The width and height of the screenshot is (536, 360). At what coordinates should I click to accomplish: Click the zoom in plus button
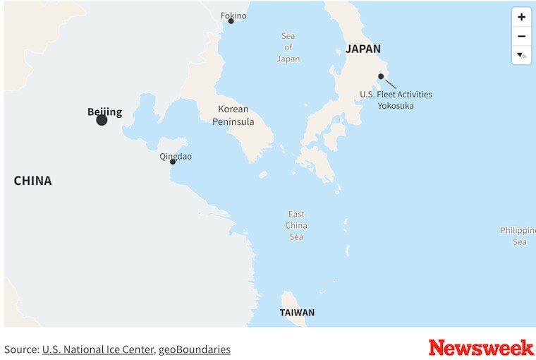[x=521, y=17]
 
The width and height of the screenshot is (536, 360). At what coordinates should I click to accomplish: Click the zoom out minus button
[x=521, y=36]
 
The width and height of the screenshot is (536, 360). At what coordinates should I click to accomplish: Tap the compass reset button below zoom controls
[x=521, y=54]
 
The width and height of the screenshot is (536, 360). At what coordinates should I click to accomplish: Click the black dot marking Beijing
[x=102, y=120]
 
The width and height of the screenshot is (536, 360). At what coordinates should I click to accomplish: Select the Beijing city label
[x=104, y=112]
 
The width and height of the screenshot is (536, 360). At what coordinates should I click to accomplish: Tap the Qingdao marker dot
[x=173, y=162]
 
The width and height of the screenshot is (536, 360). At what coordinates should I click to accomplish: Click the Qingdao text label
[x=176, y=157]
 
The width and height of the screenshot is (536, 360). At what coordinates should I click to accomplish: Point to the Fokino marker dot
[x=231, y=21]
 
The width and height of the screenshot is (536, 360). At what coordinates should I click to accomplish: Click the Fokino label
[x=233, y=15]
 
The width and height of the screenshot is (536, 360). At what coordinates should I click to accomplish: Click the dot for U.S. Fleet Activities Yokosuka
[x=381, y=76]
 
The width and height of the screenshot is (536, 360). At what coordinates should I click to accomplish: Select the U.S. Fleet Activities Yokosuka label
[x=396, y=100]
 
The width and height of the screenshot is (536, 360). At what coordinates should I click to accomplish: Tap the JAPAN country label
[x=363, y=49]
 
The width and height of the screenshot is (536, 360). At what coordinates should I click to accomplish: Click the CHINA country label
[x=32, y=181]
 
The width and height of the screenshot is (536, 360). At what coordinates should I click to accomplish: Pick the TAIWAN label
[x=297, y=313]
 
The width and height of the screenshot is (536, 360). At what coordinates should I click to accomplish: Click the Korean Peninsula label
[x=233, y=115]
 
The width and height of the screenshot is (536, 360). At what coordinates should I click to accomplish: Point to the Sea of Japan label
[x=288, y=47]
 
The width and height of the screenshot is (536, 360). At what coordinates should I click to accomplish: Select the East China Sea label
[x=296, y=225]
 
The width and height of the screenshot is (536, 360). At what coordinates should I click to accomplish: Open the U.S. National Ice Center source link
[x=97, y=349]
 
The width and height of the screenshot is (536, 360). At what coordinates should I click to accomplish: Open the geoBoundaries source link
[x=194, y=349]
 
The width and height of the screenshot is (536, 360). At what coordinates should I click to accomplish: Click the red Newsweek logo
[x=481, y=348]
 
